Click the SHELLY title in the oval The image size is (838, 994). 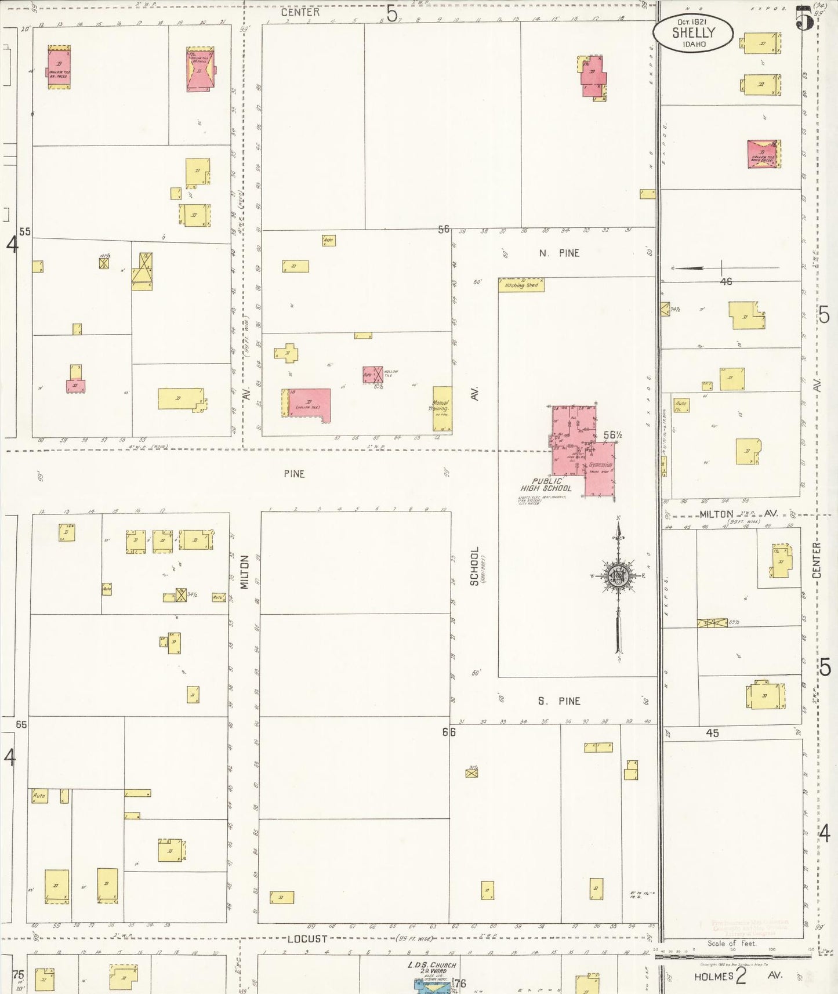(x=694, y=33)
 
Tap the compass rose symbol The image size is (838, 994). (x=618, y=576)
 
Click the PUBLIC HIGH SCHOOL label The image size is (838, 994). (x=546, y=485)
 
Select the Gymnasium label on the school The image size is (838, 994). (x=600, y=465)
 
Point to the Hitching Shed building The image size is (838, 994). (x=521, y=285)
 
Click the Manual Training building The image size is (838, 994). (x=442, y=408)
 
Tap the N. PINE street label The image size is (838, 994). (x=559, y=253)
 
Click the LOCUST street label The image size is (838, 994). (x=307, y=939)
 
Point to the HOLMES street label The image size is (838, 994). (x=714, y=977)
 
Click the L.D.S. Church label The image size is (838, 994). (x=431, y=965)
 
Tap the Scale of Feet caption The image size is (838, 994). (x=732, y=944)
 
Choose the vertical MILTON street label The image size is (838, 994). (x=245, y=572)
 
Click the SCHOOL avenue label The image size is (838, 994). (x=474, y=566)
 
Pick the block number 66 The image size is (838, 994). (x=449, y=732)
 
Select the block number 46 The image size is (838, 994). (x=725, y=281)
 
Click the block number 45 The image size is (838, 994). (x=712, y=733)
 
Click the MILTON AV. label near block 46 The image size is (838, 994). (x=732, y=514)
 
